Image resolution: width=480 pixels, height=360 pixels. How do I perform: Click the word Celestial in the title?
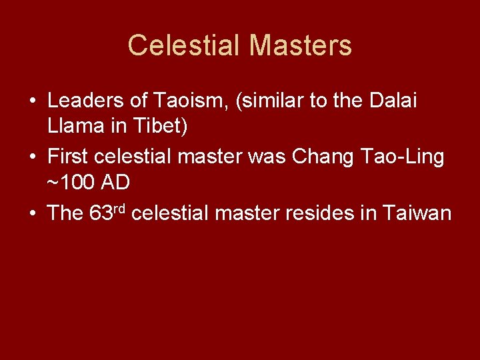(x=183, y=45)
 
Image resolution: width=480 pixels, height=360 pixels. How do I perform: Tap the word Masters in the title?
(x=300, y=45)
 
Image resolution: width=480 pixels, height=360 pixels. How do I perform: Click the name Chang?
(x=326, y=157)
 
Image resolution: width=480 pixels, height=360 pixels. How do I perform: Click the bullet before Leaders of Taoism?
(x=33, y=102)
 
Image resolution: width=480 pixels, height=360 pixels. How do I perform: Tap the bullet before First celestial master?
(x=33, y=158)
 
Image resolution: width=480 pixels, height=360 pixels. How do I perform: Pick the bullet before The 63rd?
(x=33, y=213)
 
